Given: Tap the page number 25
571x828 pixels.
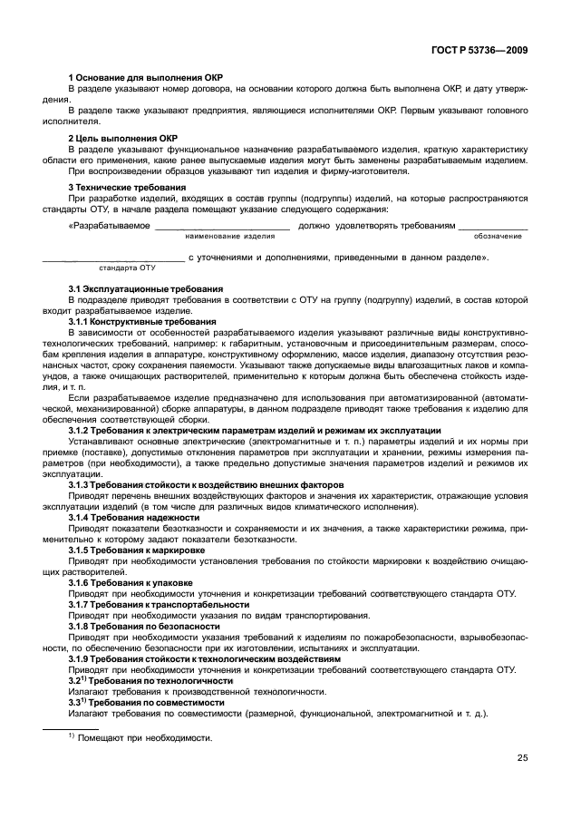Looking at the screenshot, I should coord(523,758).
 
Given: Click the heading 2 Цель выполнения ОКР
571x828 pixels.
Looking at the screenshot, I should coord(122,138).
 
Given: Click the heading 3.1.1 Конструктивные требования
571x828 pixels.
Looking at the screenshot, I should coord(142,321).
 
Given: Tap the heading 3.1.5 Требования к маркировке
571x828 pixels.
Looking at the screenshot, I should coord(137,550).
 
